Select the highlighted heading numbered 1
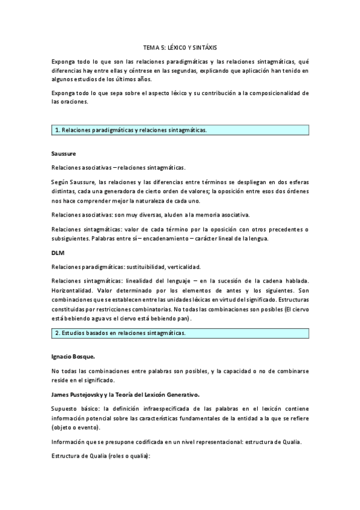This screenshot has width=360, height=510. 131,130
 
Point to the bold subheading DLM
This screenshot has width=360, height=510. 58,253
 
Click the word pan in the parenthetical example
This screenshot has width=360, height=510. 182,318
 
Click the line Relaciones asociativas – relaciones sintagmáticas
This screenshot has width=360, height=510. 118,167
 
